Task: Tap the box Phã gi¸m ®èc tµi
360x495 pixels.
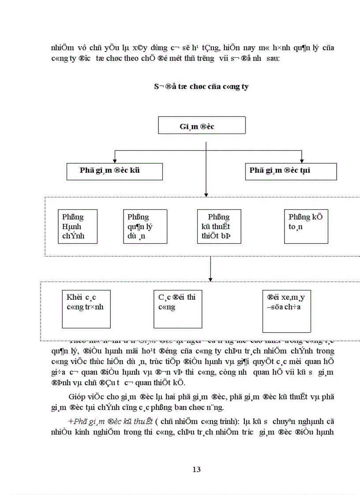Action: click(291, 171)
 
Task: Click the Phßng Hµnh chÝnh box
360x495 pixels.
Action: click(78, 226)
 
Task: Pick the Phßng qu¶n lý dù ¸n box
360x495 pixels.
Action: click(145, 226)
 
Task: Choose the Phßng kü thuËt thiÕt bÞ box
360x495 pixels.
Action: click(219, 226)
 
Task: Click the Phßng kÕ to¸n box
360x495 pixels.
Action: click(306, 226)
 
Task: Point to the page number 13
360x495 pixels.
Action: click(197, 469)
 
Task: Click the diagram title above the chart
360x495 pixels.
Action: click(201, 86)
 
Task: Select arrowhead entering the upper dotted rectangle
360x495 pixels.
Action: click(206, 194)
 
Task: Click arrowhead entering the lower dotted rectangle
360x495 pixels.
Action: click(210, 279)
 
